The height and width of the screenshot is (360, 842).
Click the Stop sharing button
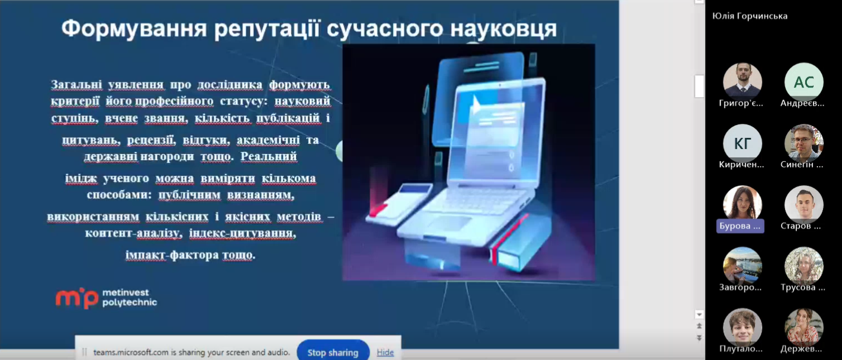point(333,352)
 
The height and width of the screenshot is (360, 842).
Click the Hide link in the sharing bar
point(385,353)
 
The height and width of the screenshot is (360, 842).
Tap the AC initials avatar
point(803,82)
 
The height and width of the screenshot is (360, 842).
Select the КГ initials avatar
point(743,143)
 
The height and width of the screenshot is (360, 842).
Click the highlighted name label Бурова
point(740,226)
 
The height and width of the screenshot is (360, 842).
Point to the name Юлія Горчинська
point(749,16)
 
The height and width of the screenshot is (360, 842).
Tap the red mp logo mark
point(76,299)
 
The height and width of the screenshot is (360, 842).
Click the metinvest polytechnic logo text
point(130,297)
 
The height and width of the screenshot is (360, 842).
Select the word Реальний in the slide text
point(269,156)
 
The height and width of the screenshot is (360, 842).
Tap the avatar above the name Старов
point(803,205)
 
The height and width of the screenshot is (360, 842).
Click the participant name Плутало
point(740,349)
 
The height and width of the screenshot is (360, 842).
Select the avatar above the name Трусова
point(803,266)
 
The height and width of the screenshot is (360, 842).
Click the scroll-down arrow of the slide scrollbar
point(699,315)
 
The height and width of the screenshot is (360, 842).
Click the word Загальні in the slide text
point(76,84)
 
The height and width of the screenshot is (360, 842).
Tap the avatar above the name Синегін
point(803,143)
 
